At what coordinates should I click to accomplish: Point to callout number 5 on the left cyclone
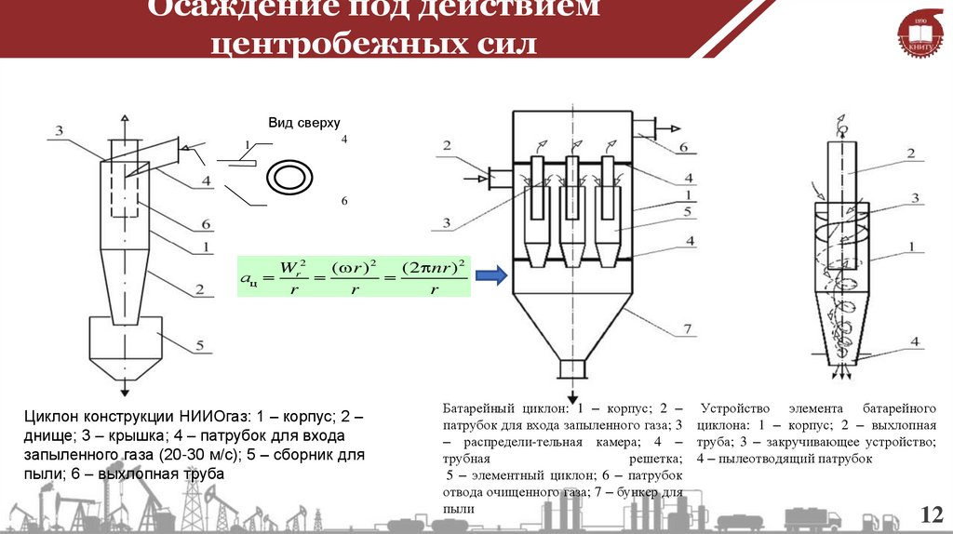[199, 347]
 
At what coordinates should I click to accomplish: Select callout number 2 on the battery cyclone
[447, 145]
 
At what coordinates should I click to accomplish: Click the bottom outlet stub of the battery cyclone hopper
[570, 368]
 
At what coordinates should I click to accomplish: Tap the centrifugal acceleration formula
[353, 276]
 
